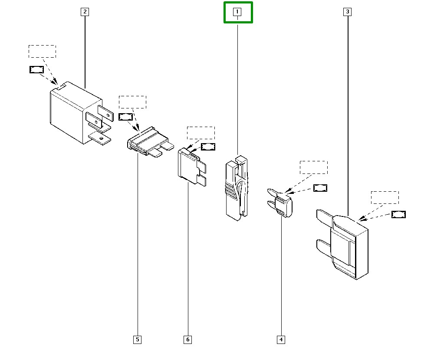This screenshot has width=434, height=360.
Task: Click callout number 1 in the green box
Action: [x=237, y=12]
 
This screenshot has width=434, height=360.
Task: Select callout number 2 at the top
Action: [x=85, y=12]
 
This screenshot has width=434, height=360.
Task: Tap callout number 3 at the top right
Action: [x=347, y=12]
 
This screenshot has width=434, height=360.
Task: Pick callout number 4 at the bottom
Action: [x=281, y=339]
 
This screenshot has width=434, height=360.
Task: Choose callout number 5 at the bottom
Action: [x=137, y=339]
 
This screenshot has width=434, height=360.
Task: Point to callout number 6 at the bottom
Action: [x=188, y=339]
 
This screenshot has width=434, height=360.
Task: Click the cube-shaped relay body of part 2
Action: [x=69, y=113]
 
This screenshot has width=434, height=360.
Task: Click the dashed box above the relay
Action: [x=42, y=51]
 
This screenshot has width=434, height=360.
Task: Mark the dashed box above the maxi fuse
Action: [x=385, y=197]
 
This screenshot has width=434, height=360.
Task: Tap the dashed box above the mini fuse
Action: [x=314, y=167]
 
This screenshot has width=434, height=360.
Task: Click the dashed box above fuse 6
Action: [x=201, y=133]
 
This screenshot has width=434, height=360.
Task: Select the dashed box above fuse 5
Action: [x=132, y=102]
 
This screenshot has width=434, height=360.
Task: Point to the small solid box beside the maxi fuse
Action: [x=398, y=214]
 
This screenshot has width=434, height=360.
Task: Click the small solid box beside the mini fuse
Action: [x=320, y=188]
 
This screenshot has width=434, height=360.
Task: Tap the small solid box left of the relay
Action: [x=36, y=69]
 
